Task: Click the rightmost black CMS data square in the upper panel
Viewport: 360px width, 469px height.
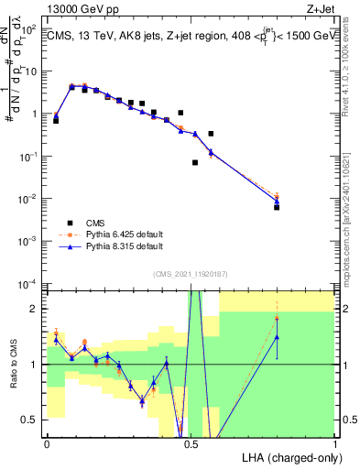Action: [277, 207]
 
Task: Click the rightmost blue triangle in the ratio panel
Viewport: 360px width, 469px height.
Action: [277, 337]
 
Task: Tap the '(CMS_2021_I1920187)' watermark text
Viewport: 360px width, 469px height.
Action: [191, 273]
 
